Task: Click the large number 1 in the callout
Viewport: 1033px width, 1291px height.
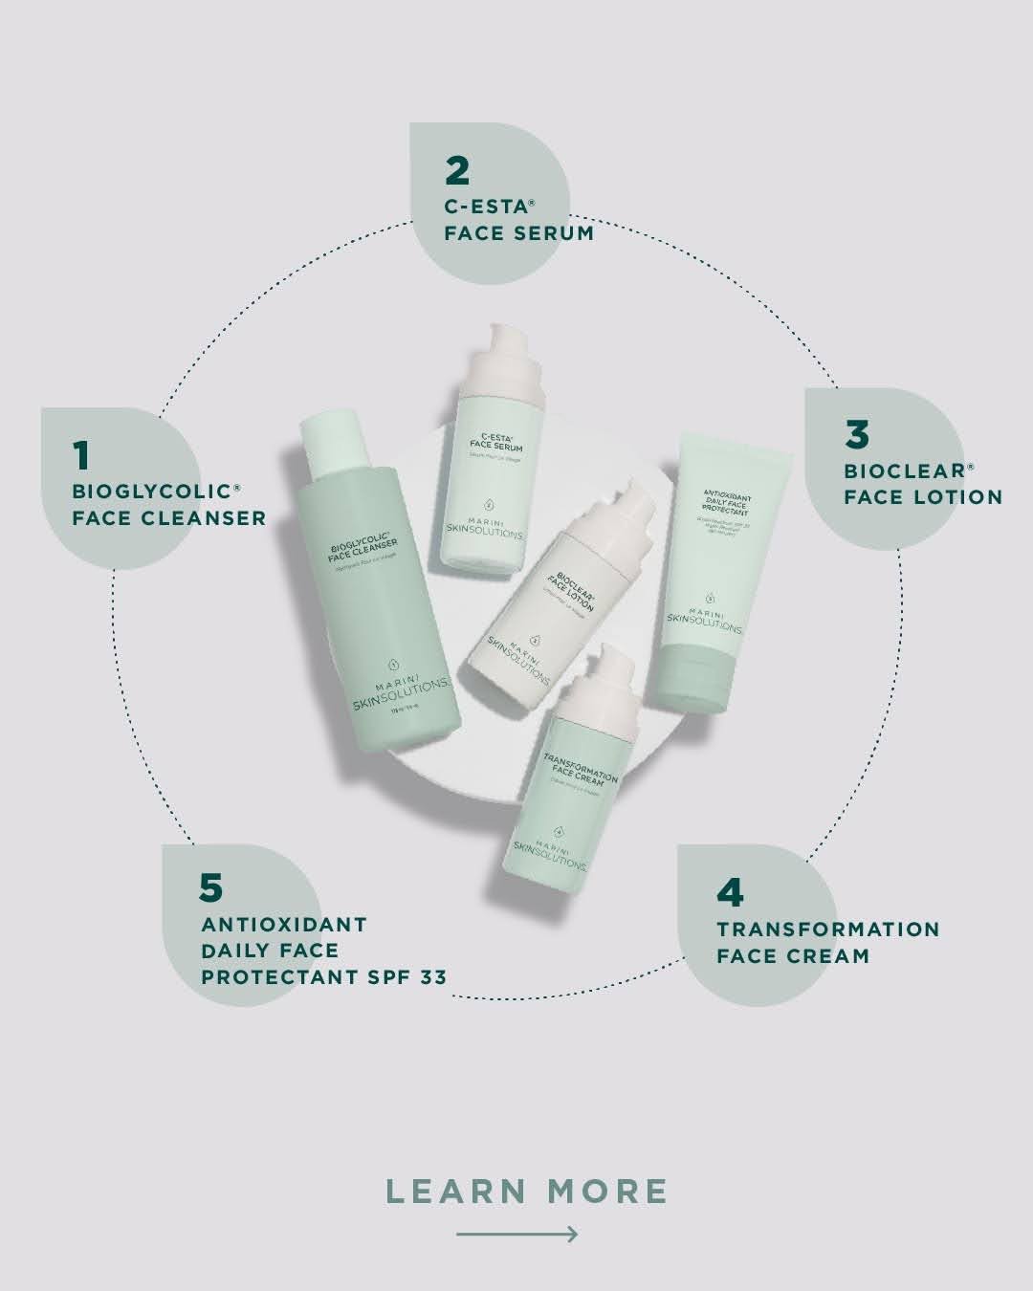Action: (81, 455)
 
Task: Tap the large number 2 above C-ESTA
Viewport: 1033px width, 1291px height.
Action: (457, 170)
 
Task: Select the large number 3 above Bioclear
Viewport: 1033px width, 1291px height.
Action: (857, 434)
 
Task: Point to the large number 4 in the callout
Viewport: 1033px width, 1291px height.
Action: (730, 892)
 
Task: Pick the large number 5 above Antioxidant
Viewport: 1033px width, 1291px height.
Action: (210, 887)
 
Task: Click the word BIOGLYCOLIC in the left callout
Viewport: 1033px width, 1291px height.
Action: (153, 492)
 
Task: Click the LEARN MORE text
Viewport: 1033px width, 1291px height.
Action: (527, 1192)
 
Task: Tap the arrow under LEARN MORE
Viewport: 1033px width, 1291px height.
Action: (516, 1235)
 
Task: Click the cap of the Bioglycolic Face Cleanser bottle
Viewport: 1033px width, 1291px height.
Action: (330, 441)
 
